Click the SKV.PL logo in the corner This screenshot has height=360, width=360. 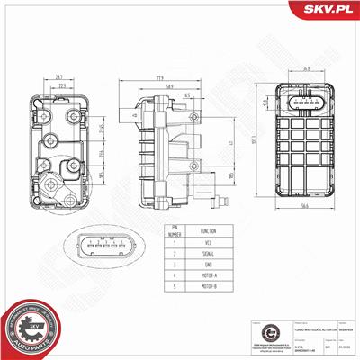click(327, 10)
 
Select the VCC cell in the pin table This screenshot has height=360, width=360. click(209, 242)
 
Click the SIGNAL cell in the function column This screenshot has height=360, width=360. click(209, 255)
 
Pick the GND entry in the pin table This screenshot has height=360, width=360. click(209, 266)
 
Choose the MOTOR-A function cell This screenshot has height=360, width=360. click(209, 278)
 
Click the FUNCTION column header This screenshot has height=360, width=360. click(209, 229)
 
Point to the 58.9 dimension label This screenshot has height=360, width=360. click(169, 87)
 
